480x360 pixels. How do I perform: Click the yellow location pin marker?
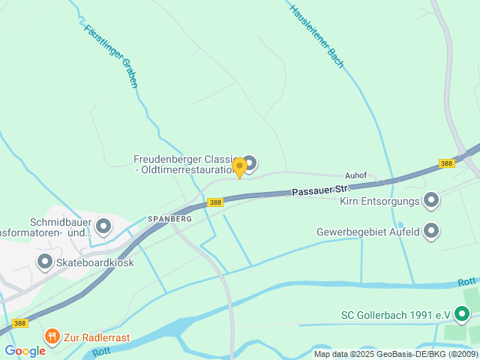(x=239, y=166)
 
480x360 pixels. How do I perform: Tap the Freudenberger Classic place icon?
(x=250, y=163)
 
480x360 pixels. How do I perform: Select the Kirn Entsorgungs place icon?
(x=431, y=200)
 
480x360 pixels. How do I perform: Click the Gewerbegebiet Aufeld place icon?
(x=431, y=231)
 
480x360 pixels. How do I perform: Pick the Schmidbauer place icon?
(x=103, y=225)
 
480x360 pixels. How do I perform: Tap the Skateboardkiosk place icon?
(x=45, y=262)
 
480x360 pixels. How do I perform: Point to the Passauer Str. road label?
(x=321, y=190)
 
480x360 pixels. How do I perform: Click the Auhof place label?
(x=356, y=175)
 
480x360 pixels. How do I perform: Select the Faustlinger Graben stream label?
(x=111, y=56)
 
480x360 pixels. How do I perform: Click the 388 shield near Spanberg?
(x=215, y=202)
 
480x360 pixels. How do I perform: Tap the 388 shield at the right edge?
(x=447, y=163)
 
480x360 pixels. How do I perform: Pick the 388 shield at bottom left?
(x=20, y=323)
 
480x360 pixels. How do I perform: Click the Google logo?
(x=25, y=350)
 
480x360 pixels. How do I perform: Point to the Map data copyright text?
(x=395, y=354)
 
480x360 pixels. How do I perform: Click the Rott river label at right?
(x=467, y=283)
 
